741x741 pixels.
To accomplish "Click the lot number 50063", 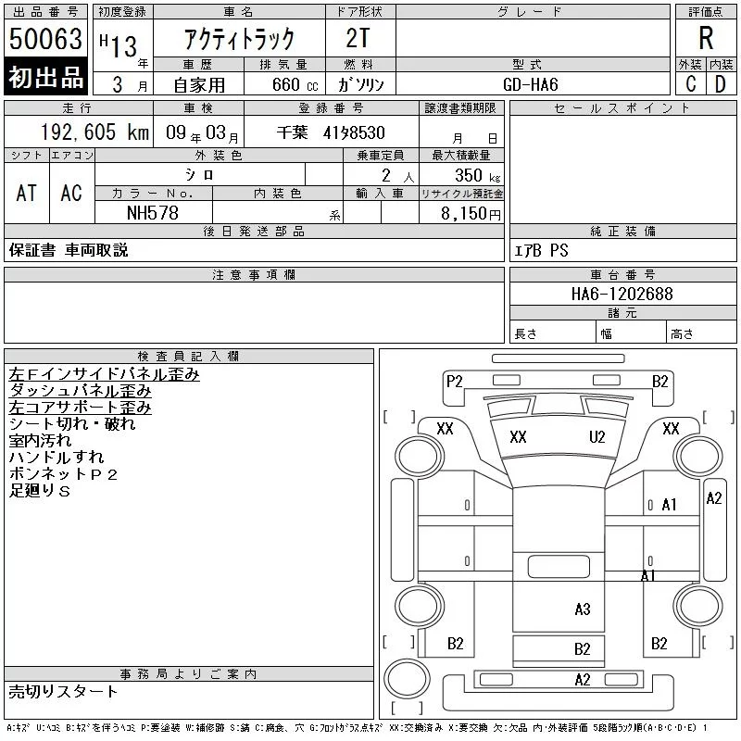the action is click(45, 39).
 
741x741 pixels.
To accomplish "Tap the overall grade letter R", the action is click(706, 38).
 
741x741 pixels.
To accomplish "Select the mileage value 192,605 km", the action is click(94, 132).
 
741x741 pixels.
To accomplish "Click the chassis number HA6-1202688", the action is click(622, 294).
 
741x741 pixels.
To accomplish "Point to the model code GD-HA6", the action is click(530, 84).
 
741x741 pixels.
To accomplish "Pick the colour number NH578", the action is click(153, 213).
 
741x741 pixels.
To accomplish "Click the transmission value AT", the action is click(26, 193).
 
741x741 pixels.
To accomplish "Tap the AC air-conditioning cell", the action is click(71, 193).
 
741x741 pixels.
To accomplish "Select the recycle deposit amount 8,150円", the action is click(471, 214).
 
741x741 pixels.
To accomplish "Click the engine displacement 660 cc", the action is click(295, 85).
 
